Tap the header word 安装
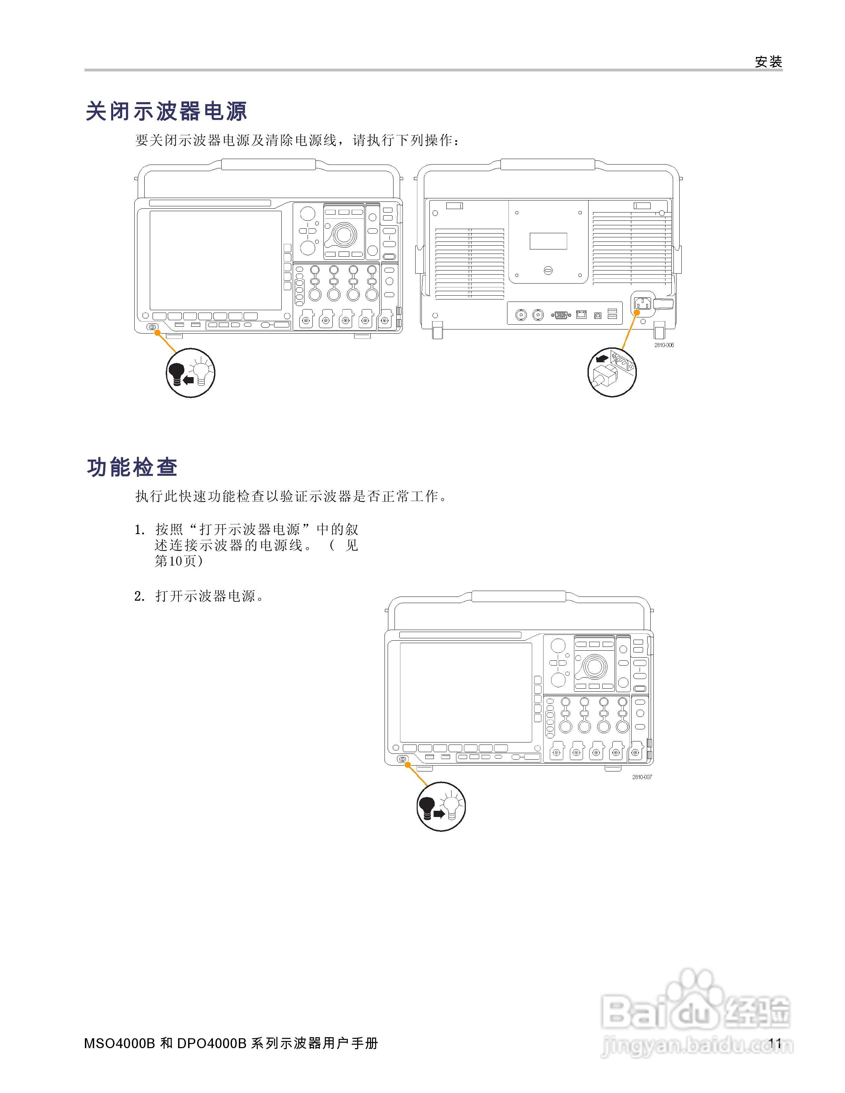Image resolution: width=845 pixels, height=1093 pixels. pyautogui.click(x=768, y=62)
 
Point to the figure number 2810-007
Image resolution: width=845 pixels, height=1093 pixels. pyautogui.click(x=642, y=777)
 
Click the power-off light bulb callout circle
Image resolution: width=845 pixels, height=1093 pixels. pyautogui.click(x=190, y=373)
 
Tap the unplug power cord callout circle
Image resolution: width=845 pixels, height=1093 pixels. pyautogui.click(x=612, y=372)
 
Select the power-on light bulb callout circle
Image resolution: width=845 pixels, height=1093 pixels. pyautogui.click(x=441, y=806)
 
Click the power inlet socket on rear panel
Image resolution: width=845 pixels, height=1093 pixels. pyautogui.click(x=642, y=303)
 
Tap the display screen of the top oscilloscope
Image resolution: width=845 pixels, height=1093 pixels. pyautogui.click(x=215, y=260)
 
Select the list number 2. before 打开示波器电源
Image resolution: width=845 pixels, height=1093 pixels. pyautogui.click(x=140, y=597)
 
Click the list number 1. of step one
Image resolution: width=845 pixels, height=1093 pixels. pyautogui.click(x=140, y=530)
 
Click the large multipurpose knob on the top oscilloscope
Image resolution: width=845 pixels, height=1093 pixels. pyautogui.click(x=344, y=234)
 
